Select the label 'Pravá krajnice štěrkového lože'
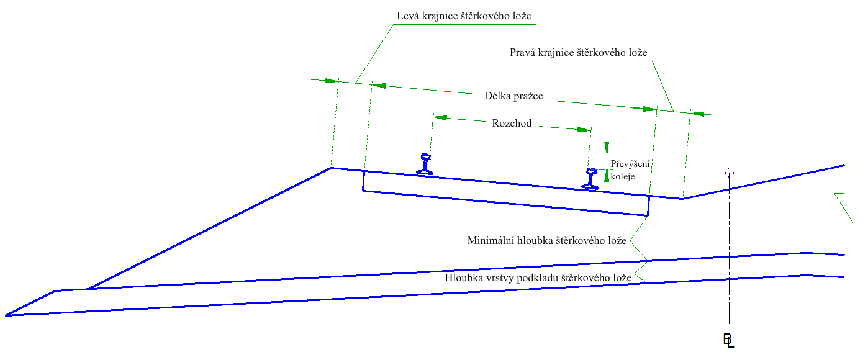tap(578, 53)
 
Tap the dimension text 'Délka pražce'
tap(513, 96)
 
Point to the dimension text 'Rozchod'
tap(512, 124)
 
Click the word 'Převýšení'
tap(630, 164)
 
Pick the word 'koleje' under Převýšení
tap(623, 176)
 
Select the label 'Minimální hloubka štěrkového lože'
tap(546, 241)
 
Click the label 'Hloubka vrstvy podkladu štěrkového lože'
tap(538, 278)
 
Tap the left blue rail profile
tap(425, 163)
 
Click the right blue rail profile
tap(590, 178)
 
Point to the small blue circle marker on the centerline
tap(730, 173)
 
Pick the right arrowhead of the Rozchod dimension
tap(584, 130)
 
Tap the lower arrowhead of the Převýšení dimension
tap(607, 176)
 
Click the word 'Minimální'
tap(488, 241)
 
